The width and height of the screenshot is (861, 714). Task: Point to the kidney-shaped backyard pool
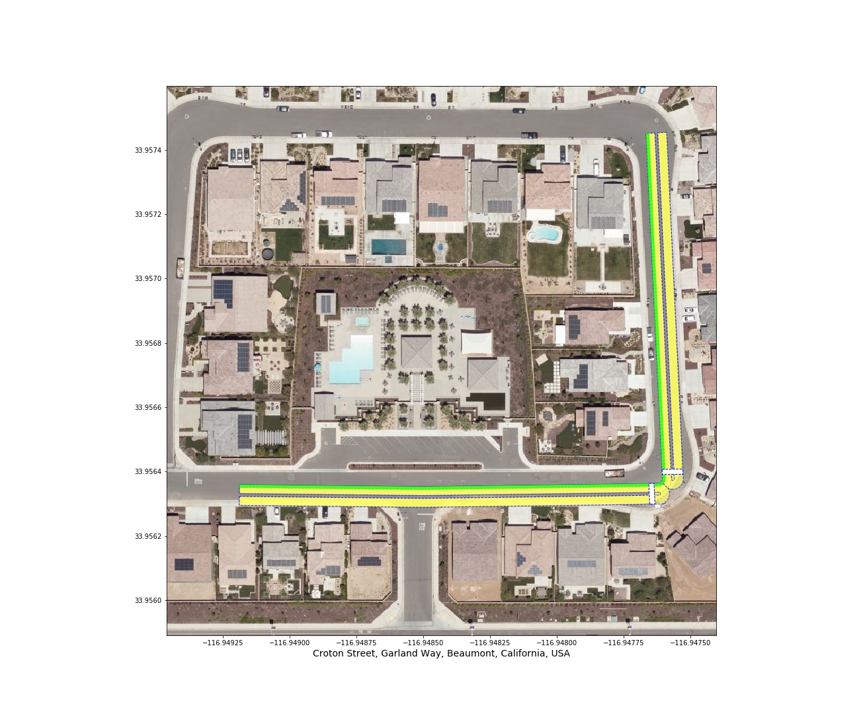pos(544,234)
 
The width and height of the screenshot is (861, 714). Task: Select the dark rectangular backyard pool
pos(388,247)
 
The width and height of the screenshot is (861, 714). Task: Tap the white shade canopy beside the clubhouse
pos(477,342)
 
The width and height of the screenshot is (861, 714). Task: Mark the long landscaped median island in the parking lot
pos(415,466)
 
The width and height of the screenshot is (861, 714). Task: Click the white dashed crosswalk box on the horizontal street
pos(652,493)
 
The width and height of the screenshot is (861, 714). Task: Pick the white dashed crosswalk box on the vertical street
pos(672,471)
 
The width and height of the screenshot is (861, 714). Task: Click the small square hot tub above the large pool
pos(362,321)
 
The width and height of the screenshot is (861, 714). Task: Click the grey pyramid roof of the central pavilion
pos(417,351)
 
